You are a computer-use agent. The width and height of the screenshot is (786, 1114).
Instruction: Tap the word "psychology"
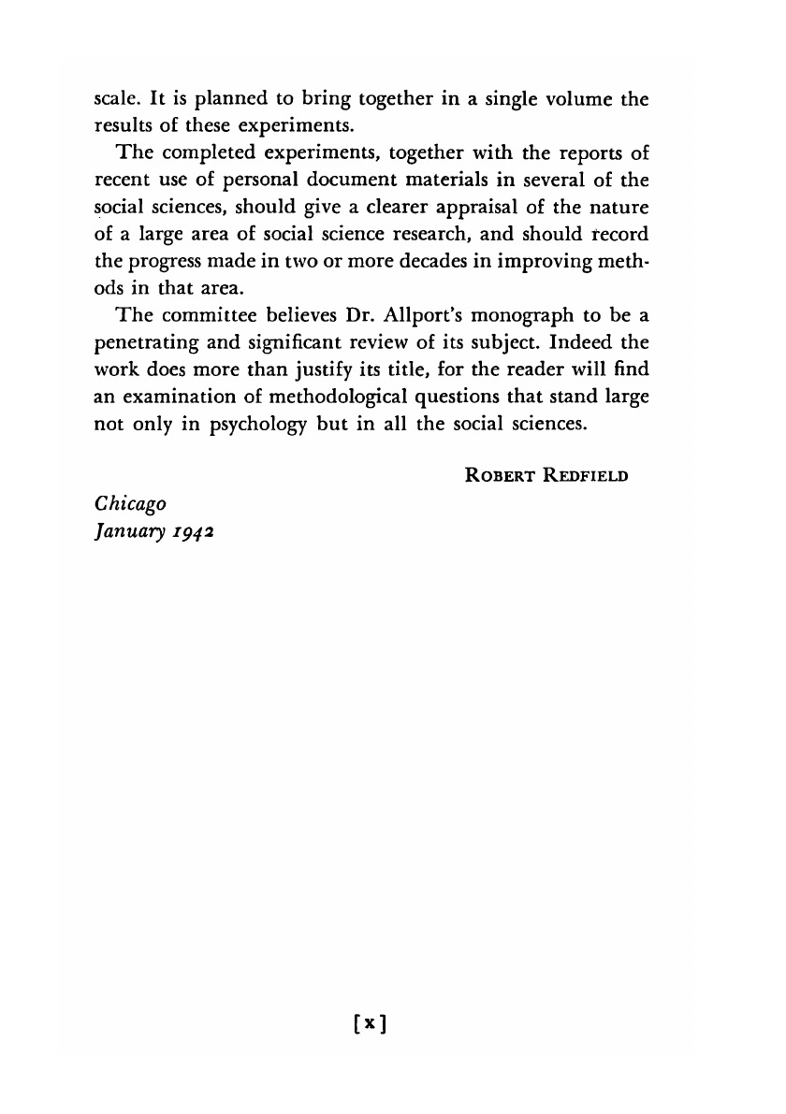pos(237,423)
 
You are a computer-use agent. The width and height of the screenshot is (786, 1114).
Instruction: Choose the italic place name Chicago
pos(132,503)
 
